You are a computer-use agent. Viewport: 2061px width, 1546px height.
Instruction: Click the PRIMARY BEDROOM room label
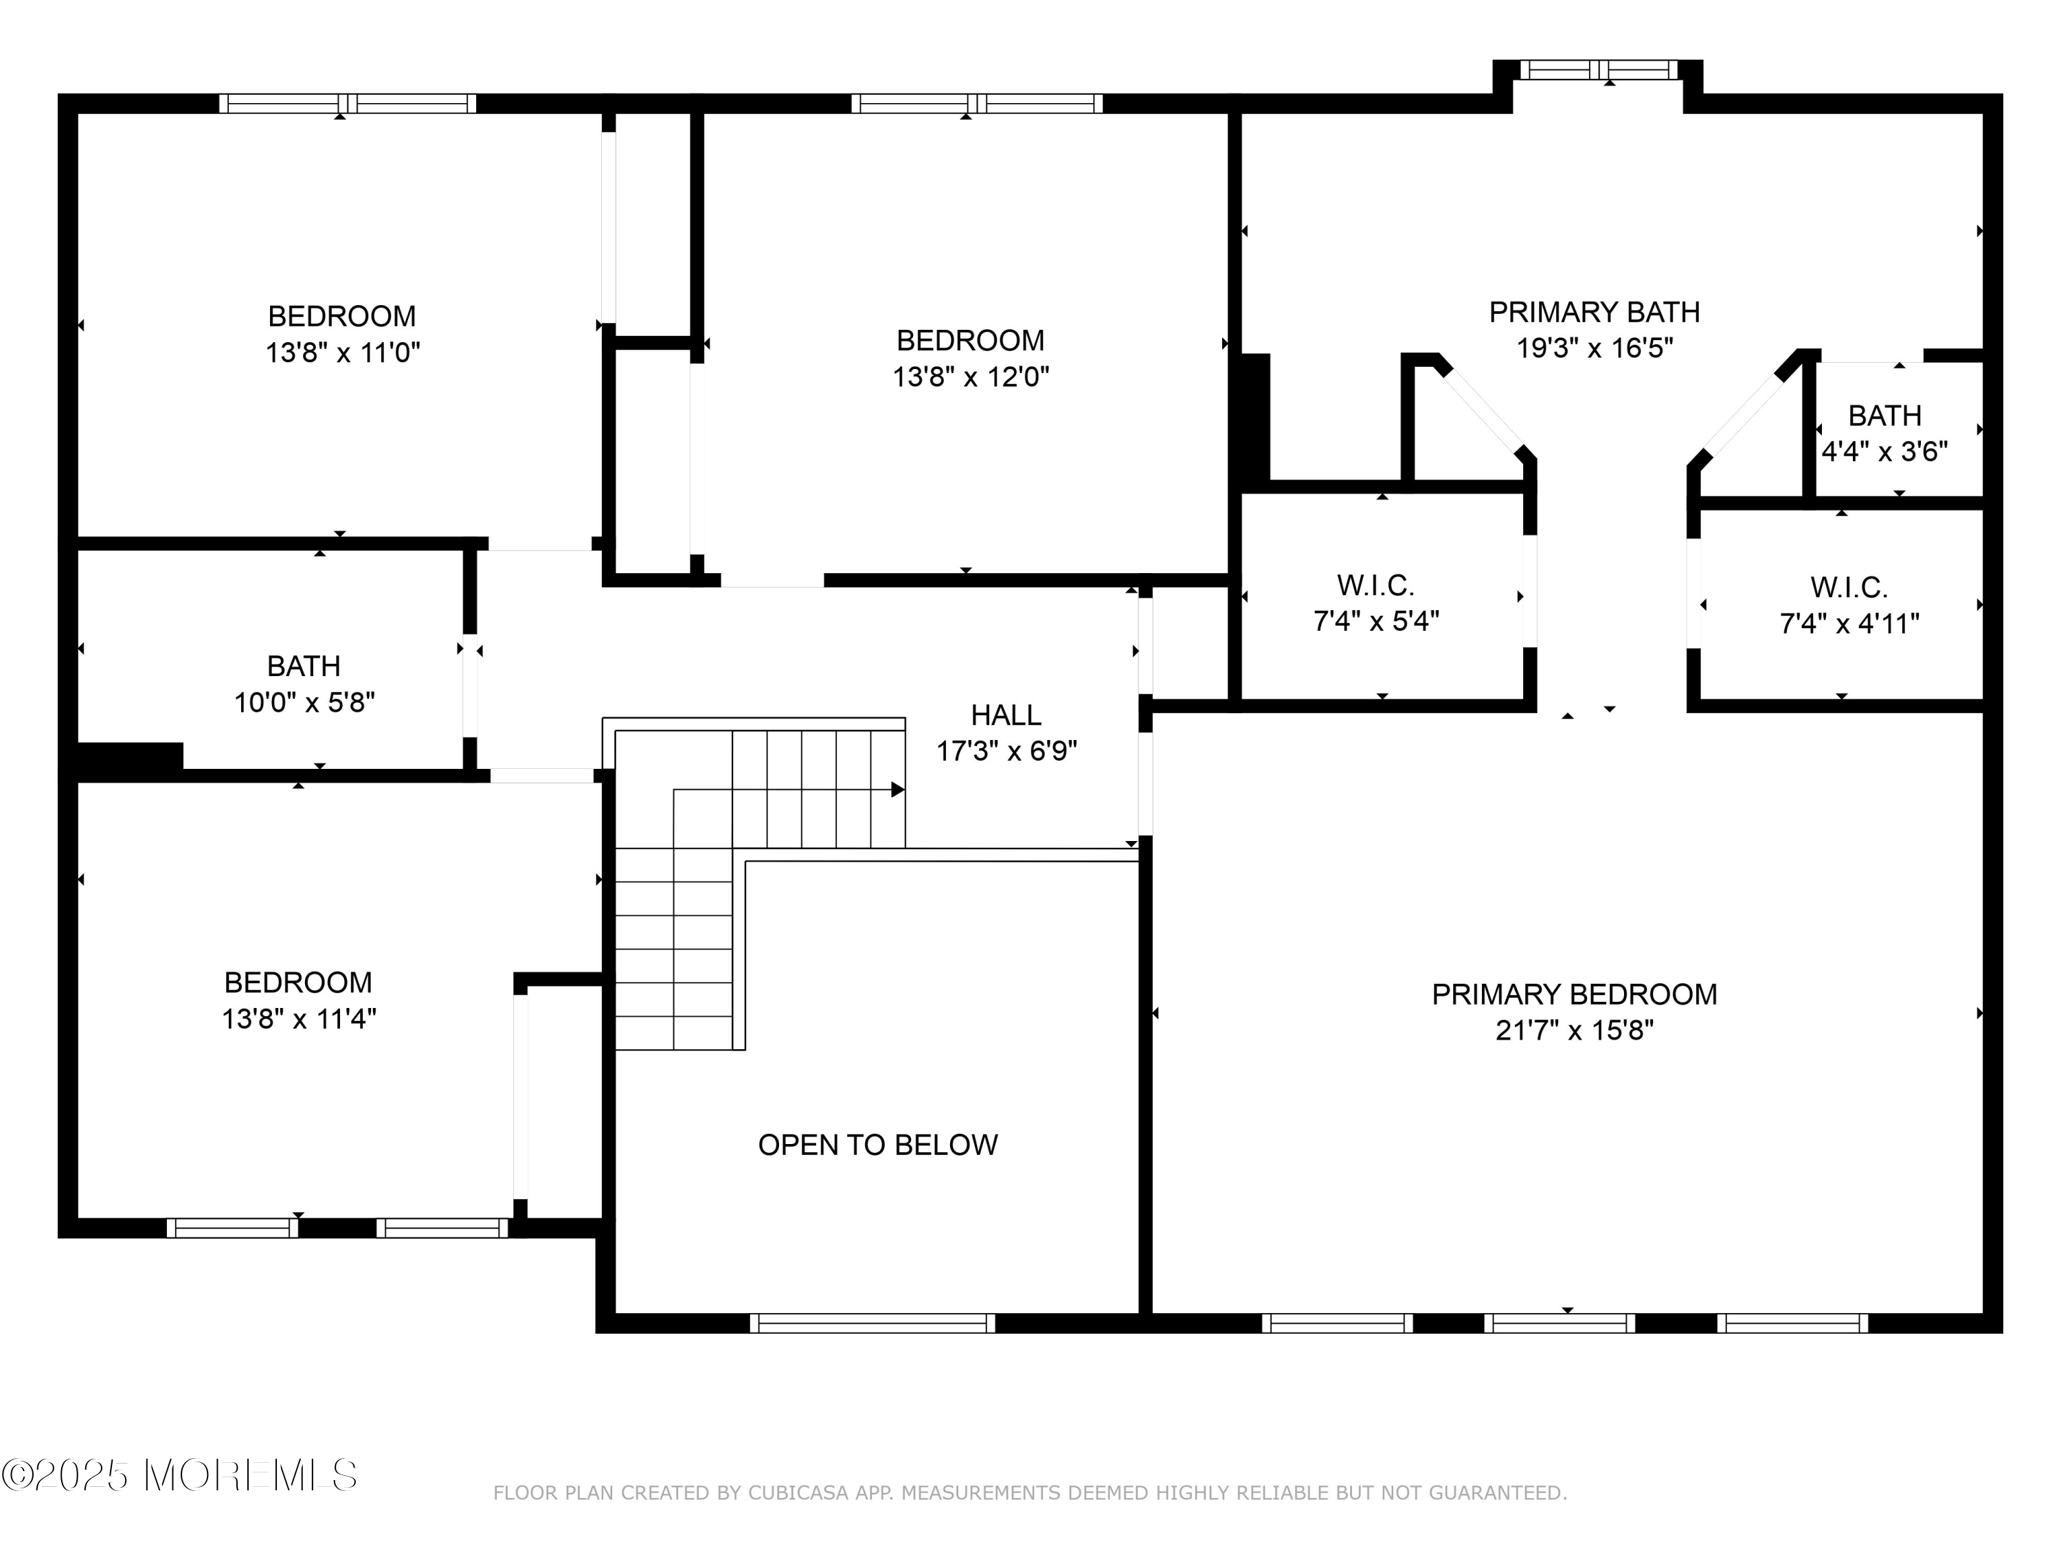[1575, 995]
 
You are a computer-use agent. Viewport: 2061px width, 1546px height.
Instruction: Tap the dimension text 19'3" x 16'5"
[1595, 348]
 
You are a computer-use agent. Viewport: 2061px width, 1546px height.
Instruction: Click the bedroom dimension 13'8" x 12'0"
[971, 377]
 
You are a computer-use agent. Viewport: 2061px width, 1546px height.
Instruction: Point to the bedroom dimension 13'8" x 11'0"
[343, 353]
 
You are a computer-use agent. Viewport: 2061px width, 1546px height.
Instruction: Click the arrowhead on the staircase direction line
[897, 790]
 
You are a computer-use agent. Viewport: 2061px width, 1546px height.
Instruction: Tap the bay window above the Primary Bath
[1599, 70]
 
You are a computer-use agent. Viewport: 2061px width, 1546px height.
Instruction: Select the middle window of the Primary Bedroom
[1559, 1323]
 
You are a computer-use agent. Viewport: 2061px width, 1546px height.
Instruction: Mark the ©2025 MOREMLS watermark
[180, 1475]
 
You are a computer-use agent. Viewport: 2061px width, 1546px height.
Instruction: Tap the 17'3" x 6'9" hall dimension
[1007, 751]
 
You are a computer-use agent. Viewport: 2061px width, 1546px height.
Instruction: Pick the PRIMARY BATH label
[1595, 312]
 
